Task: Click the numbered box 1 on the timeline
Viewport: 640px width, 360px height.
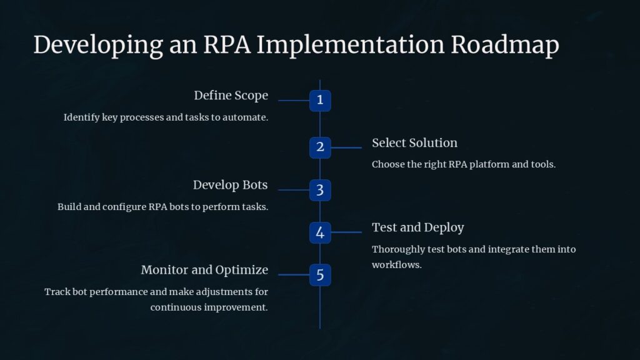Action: pyautogui.click(x=320, y=100)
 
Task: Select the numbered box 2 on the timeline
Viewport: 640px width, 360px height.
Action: pyautogui.click(x=320, y=147)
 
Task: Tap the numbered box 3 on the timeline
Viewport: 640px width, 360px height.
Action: pyautogui.click(x=320, y=190)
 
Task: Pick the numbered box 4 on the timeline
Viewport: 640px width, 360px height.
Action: pyautogui.click(x=320, y=232)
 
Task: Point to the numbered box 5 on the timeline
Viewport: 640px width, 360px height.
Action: pyautogui.click(x=320, y=274)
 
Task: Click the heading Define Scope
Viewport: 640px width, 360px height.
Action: pyautogui.click(x=231, y=96)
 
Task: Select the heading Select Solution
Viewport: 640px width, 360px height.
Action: pyautogui.click(x=414, y=142)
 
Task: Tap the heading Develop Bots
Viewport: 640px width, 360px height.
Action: pyautogui.click(x=230, y=185)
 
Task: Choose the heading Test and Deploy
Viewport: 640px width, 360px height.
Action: pyautogui.click(x=417, y=227)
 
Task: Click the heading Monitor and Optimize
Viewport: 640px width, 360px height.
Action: pyautogui.click(x=204, y=270)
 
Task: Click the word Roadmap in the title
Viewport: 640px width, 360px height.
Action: pyautogui.click(x=505, y=45)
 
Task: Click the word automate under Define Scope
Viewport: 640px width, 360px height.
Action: pyautogui.click(x=246, y=117)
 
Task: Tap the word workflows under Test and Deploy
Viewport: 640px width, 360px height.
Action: pyautogui.click(x=396, y=264)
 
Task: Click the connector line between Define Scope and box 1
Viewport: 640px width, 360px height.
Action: pyautogui.click(x=294, y=100)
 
